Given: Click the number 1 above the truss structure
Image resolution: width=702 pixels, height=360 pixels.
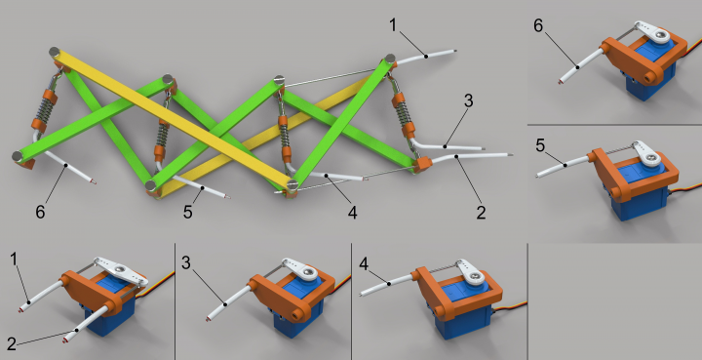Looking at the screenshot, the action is [x=393, y=25].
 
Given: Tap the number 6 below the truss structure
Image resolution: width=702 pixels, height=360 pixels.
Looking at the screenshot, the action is [x=40, y=212].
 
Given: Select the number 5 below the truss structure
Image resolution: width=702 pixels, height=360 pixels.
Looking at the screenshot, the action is [x=188, y=212].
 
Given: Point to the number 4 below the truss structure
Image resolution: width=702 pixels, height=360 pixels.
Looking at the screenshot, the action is [x=353, y=213].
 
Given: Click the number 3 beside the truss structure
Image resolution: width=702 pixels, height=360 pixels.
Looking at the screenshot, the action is [x=468, y=100].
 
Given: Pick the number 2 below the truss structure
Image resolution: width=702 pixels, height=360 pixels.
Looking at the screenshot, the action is [x=481, y=213].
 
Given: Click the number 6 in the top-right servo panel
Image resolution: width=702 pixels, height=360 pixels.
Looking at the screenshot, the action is [x=538, y=25].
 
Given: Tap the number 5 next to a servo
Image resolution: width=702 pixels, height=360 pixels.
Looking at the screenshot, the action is [x=540, y=145].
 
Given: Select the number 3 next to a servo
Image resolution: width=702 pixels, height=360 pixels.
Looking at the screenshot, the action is [x=186, y=262].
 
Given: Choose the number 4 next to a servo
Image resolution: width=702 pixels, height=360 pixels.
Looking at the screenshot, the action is [x=364, y=264].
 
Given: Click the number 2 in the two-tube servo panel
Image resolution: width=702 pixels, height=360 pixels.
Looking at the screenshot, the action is [x=12, y=343].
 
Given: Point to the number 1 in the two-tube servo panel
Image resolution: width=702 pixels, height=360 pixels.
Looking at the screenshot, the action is [x=15, y=259].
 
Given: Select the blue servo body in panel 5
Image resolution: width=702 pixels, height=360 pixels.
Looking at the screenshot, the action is [x=641, y=192].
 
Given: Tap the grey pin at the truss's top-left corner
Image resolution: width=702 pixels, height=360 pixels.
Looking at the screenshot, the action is [x=55, y=52].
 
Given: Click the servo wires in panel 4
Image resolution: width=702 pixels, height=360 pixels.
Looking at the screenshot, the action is [x=510, y=307].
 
